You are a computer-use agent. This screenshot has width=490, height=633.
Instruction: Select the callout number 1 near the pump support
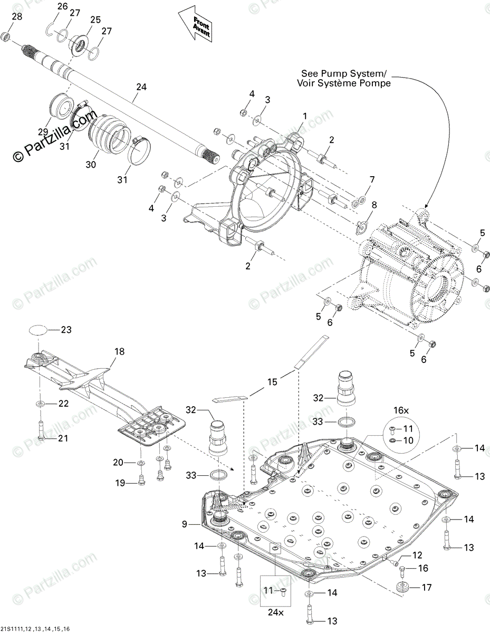coord(304,116)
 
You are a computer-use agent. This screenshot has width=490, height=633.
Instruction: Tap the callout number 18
coord(120,351)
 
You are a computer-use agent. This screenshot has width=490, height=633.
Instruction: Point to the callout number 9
coord(185,524)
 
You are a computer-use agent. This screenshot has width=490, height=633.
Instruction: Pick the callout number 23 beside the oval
coord(66,330)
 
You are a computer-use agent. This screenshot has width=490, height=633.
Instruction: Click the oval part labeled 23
coord(37,330)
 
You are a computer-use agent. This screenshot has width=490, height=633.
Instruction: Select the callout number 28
coord(17,17)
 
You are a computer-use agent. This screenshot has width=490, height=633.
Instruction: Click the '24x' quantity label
coord(275,613)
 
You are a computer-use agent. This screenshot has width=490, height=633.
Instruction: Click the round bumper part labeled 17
coord(403,587)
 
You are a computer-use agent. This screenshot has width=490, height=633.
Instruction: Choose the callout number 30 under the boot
coord(92,165)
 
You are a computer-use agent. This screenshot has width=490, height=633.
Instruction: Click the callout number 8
coord(374,205)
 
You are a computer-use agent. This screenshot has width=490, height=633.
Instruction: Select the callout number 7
coord(372,180)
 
